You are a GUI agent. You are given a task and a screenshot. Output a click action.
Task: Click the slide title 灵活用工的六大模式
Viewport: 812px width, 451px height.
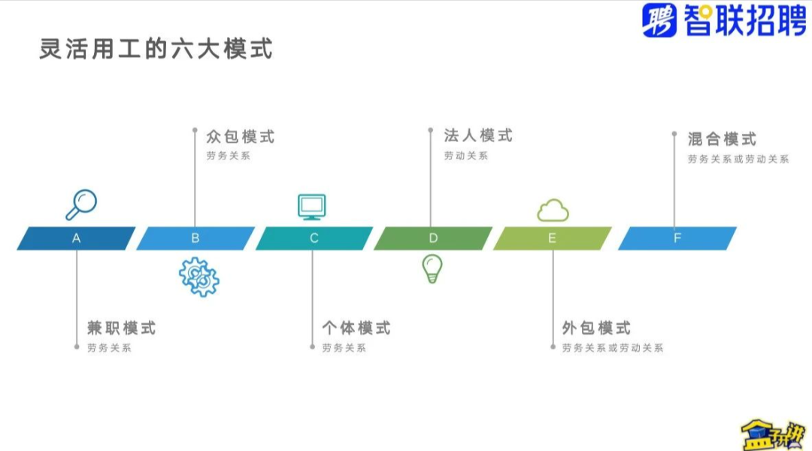[156, 49]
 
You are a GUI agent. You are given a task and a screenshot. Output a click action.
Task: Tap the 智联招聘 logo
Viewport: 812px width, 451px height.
[724, 20]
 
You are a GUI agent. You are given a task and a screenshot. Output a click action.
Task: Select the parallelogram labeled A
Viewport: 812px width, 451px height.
[76, 238]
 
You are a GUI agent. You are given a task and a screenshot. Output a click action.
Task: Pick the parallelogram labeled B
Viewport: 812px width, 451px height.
[195, 238]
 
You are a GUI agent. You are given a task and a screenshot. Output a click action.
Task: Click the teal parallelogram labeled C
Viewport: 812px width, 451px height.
[314, 238]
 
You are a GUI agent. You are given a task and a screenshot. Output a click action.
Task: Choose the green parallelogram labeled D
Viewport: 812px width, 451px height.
[433, 238]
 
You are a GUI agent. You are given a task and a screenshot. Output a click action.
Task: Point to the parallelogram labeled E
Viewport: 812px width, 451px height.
[552, 238]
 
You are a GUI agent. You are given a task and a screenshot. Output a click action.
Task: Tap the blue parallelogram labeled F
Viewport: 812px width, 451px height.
[677, 238]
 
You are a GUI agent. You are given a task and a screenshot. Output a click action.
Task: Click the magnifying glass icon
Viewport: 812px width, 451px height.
[81, 204]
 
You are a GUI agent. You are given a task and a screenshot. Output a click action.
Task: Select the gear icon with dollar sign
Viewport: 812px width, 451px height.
[199, 276]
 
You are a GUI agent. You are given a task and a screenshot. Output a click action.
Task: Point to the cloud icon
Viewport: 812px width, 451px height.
[553, 210]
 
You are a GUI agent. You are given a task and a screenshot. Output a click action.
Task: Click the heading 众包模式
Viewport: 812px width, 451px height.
[241, 137]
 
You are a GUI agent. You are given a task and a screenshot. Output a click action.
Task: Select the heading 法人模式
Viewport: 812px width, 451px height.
[478, 135]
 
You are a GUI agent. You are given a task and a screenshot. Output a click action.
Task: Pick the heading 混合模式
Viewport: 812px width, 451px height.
[722, 139]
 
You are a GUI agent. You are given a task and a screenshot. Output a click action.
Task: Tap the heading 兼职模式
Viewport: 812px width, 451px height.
[122, 328]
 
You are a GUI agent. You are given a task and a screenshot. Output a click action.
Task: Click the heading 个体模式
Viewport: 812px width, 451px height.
[356, 328]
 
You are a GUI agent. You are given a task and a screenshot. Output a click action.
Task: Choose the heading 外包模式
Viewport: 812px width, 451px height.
[596, 328]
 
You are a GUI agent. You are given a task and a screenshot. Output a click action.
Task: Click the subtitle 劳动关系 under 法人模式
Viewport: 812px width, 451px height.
[465, 156]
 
